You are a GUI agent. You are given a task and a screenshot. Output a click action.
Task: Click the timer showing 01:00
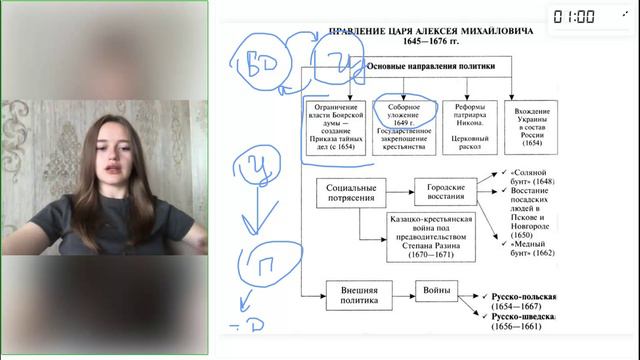601,16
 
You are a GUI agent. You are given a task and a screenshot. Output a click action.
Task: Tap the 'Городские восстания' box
446,189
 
